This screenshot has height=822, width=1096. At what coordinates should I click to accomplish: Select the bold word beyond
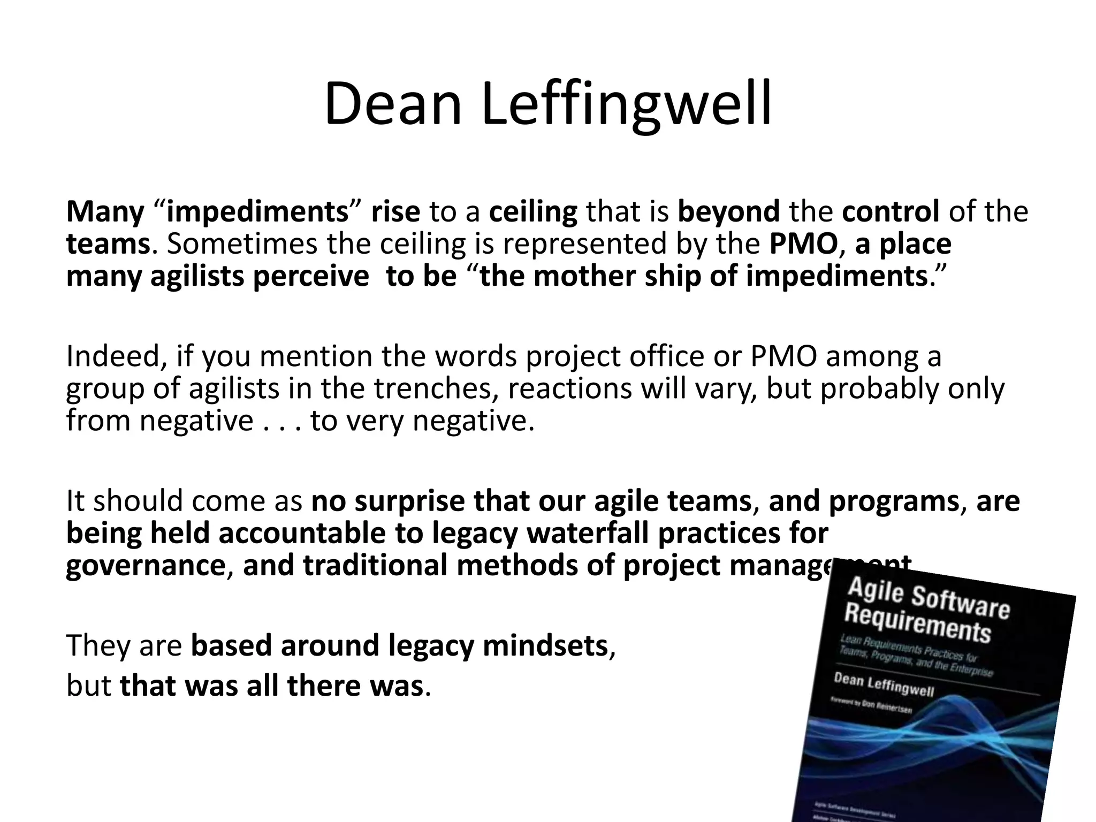point(729,211)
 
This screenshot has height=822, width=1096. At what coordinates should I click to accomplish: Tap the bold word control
point(890,211)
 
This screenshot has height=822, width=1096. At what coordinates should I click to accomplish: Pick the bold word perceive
point(310,277)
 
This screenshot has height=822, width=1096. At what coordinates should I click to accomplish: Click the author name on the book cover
point(884,686)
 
